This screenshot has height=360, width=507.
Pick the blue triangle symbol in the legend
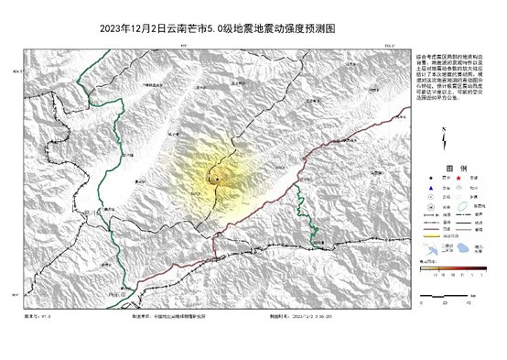[x=431, y=188]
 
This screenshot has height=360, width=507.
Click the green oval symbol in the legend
[x=463, y=206]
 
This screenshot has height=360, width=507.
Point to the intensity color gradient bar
[x=453, y=268]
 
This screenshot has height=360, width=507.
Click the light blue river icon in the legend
[x=431, y=249]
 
